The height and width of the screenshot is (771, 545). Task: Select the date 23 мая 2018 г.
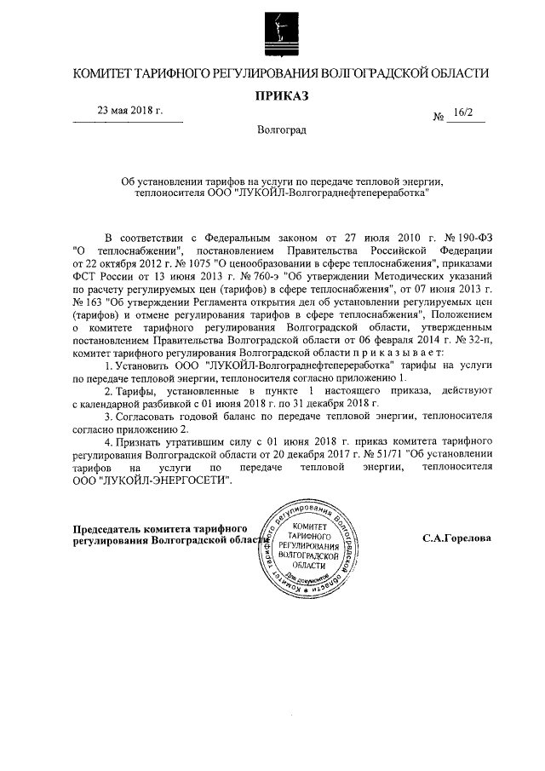(x=129, y=112)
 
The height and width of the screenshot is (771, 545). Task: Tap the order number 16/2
(x=465, y=112)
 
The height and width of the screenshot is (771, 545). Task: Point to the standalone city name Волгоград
(x=280, y=130)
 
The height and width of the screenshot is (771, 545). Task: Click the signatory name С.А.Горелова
(x=456, y=538)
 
